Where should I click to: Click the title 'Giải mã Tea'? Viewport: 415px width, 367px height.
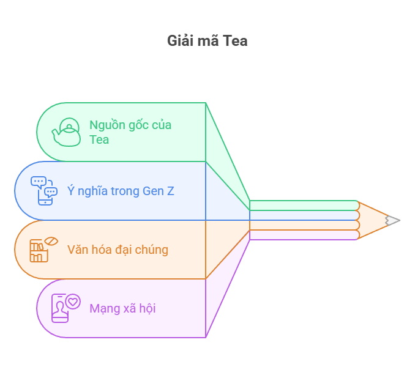point(207,41)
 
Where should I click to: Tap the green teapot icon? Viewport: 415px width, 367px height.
point(66,132)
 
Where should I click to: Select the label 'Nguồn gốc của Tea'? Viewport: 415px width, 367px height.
point(130,132)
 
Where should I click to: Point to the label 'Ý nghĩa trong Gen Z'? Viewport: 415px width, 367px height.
point(121,191)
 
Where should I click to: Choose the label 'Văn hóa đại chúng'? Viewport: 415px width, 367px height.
point(118,250)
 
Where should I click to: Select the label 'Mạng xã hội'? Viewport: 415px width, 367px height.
point(122,308)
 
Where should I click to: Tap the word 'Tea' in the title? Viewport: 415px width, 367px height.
point(235,41)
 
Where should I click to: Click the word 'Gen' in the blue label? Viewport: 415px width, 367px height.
point(153,191)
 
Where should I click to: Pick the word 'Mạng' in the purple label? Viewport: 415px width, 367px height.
point(103,308)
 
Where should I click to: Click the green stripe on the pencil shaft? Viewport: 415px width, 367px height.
point(304,206)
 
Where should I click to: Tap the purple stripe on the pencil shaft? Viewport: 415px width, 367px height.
point(304,235)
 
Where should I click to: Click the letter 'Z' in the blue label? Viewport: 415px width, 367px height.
point(170,191)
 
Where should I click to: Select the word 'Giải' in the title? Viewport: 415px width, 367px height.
point(179,41)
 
